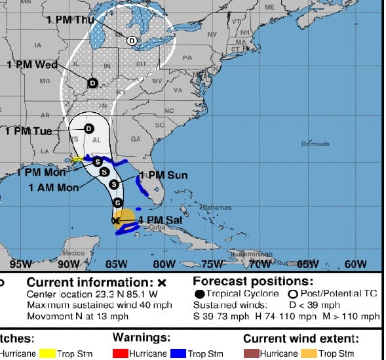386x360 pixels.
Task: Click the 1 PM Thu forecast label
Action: pos(68,19)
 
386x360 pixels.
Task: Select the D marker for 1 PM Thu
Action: pos(132,41)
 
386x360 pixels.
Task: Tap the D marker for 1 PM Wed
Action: pos(92,83)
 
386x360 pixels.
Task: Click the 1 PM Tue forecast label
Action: pos(28,131)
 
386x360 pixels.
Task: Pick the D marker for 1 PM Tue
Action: pos(88,129)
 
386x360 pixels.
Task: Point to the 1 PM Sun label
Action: pos(163,175)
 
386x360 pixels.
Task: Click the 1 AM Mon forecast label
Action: pos(53,187)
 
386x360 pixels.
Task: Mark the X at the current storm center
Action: pos(116,221)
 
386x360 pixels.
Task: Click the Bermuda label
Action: pos(315,143)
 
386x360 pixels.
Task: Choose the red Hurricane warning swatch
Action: pos(120,353)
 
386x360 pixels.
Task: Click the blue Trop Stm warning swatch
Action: pos(178,353)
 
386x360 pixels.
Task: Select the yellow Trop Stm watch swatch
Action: pos(47,353)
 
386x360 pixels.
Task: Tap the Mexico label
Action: pos(73,253)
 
